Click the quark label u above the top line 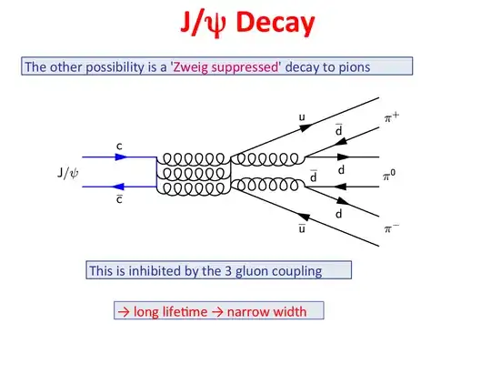pyautogui.click(x=302, y=117)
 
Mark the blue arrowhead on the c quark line pyautogui.click(x=123, y=157)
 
